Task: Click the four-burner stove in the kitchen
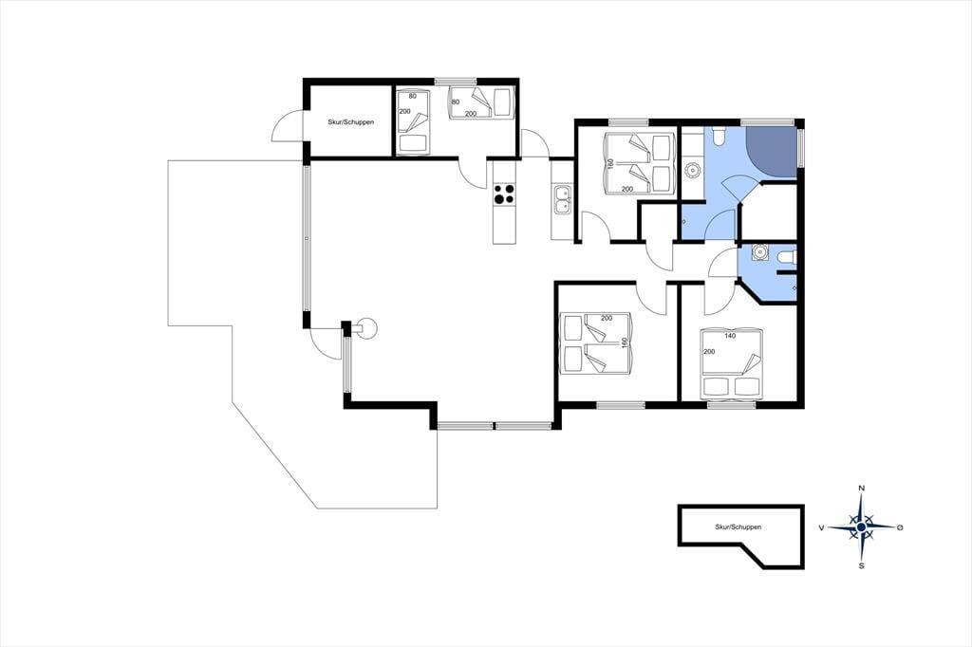point(504,194)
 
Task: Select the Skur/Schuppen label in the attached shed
point(351,122)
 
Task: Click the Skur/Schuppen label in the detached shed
point(738,527)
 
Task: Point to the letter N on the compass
point(861,489)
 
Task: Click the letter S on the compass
point(861,565)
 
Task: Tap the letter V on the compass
point(821,527)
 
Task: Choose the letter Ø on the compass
point(900,527)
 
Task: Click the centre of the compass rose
point(861,527)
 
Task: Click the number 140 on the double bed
point(730,336)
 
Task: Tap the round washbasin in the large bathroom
point(692,169)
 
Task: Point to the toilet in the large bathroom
point(719,136)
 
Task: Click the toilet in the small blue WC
point(787,255)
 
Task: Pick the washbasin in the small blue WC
point(758,252)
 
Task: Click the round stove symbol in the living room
point(366,328)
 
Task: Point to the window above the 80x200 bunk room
point(455,82)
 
